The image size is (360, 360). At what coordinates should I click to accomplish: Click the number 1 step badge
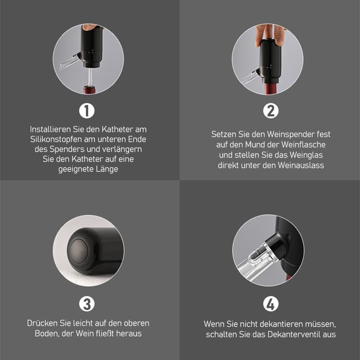pyautogui.click(x=87, y=111)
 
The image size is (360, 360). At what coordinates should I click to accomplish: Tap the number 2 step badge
pyautogui.click(x=270, y=111)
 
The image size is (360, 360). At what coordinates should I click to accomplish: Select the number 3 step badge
pyautogui.click(x=87, y=305)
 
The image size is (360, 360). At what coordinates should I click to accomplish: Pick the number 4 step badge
pyautogui.click(x=270, y=305)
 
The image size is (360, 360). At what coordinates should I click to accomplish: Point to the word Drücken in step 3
pyautogui.click(x=41, y=324)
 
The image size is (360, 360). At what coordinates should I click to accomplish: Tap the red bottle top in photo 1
pyautogui.click(x=89, y=90)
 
